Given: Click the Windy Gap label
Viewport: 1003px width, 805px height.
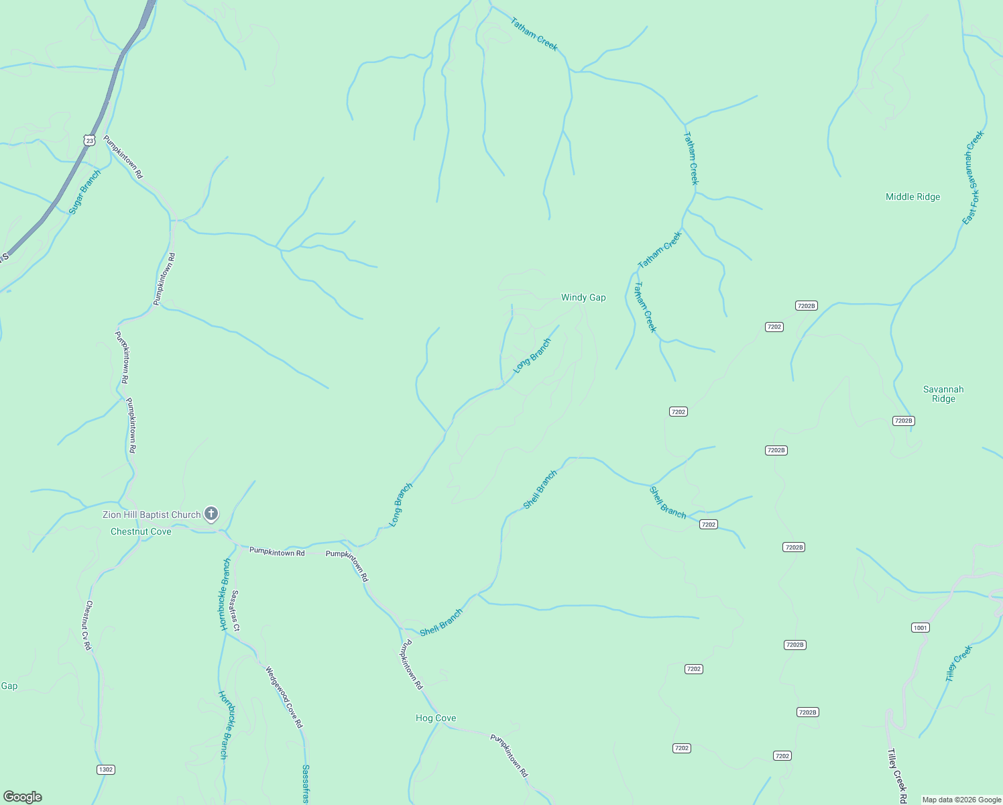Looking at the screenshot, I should [583, 297].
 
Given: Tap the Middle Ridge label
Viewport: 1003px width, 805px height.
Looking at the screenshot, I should [912, 197].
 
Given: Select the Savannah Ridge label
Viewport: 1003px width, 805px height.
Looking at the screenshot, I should [943, 394].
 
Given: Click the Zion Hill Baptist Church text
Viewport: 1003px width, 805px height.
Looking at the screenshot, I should [152, 515].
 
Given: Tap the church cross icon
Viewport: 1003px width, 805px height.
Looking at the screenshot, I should [211, 515].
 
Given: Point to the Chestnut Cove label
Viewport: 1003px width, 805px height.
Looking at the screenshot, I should [141, 531].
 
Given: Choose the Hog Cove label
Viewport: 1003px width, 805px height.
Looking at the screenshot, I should [436, 718].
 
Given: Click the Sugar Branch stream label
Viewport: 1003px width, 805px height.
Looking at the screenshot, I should [85, 192].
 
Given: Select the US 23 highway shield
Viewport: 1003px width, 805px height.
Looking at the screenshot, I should [90, 140].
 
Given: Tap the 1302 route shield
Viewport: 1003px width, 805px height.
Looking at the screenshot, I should [106, 769].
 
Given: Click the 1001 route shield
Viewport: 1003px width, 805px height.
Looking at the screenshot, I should [921, 628].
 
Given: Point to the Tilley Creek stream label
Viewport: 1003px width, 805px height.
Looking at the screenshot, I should [958, 663].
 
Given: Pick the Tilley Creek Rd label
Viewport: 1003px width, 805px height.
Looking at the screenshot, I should [897, 776].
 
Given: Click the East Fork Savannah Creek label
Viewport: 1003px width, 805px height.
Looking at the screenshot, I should [973, 177].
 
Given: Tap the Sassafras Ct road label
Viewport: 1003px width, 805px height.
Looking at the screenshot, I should [235, 610].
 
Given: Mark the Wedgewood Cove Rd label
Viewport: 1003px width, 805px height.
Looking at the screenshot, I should [284, 697].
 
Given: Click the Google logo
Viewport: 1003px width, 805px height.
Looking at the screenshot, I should [23, 797].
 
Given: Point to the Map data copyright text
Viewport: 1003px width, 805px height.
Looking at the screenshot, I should [961, 800].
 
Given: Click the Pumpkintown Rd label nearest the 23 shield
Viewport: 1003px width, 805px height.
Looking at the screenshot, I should [123, 157].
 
